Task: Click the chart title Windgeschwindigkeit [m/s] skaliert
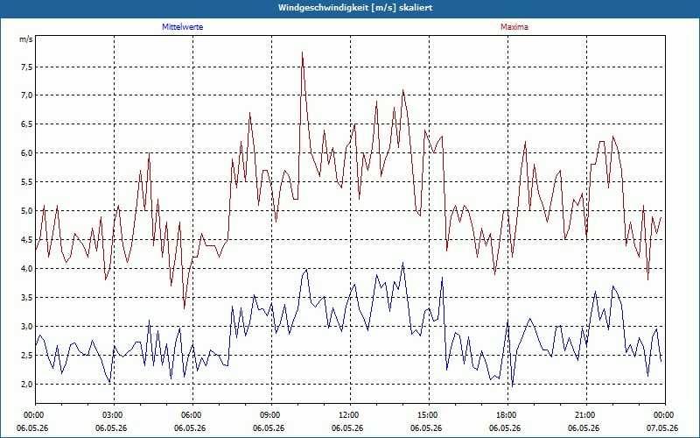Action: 355,8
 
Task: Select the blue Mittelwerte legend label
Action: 183,27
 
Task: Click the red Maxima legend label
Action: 514,27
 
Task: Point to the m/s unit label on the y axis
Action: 26,39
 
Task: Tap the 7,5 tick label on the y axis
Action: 27,67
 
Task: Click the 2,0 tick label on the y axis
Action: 27,384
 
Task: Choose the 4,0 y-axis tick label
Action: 27,269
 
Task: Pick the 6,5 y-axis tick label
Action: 27,124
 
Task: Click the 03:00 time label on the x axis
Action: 115,415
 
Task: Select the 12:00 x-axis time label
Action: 351,415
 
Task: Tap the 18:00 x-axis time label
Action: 508,415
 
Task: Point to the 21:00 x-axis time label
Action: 586,415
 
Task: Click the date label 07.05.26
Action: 662,428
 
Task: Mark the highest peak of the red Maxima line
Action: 302,53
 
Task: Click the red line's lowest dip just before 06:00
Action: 184,308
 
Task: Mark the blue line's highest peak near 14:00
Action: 402,262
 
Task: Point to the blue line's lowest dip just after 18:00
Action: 513,386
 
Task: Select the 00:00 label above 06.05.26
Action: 35,415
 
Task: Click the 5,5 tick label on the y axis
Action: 27,182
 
